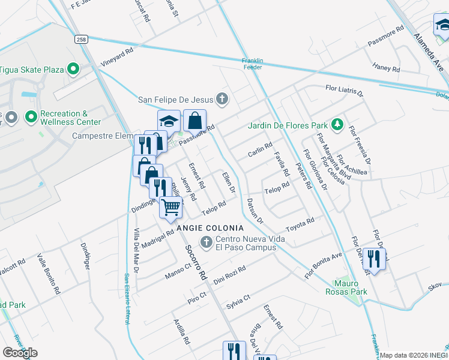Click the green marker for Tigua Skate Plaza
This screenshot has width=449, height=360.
click(x=74, y=70)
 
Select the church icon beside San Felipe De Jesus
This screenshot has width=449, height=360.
click(x=222, y=99)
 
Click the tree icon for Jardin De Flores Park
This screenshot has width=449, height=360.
click(x=338, y=125)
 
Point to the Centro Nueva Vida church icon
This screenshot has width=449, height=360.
click(x=206, y=242)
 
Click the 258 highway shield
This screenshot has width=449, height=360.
click(x=82, y=39)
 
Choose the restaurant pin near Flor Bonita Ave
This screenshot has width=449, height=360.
click(x=374, y=259)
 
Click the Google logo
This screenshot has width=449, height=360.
click(x=20, y=352)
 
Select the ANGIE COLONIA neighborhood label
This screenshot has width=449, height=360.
click(x=210, y=228)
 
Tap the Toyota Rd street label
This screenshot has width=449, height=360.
click(x=300, y=223)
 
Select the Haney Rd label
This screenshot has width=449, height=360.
click(x=385, y=67)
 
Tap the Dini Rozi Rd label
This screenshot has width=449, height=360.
click(x=231, y=273)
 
